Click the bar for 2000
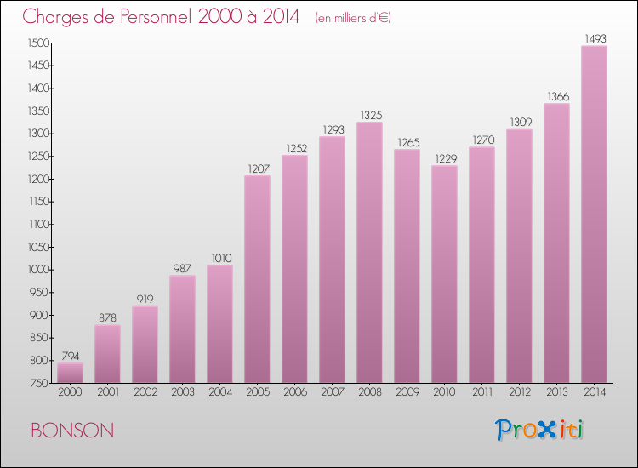click(x=70, y=373)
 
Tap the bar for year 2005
click(x=257, y=279)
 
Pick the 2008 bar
click(x=369, y=253)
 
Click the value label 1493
click(x=594, y=38)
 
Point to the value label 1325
click(x=369, y=115)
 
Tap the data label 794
click(x=70, y=356)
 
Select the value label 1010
click(x=219, y=258)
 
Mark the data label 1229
click(x=444, y=158)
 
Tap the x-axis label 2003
click(x=182, y=392)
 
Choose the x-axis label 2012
click(x=519, y=392)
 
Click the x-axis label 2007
click(x=332, y=392)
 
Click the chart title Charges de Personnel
click(x=162, y=16)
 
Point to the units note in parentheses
click(x=352, y=18)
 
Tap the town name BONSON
click(x=72, y=431)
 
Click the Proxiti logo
click(x=538, y=430)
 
